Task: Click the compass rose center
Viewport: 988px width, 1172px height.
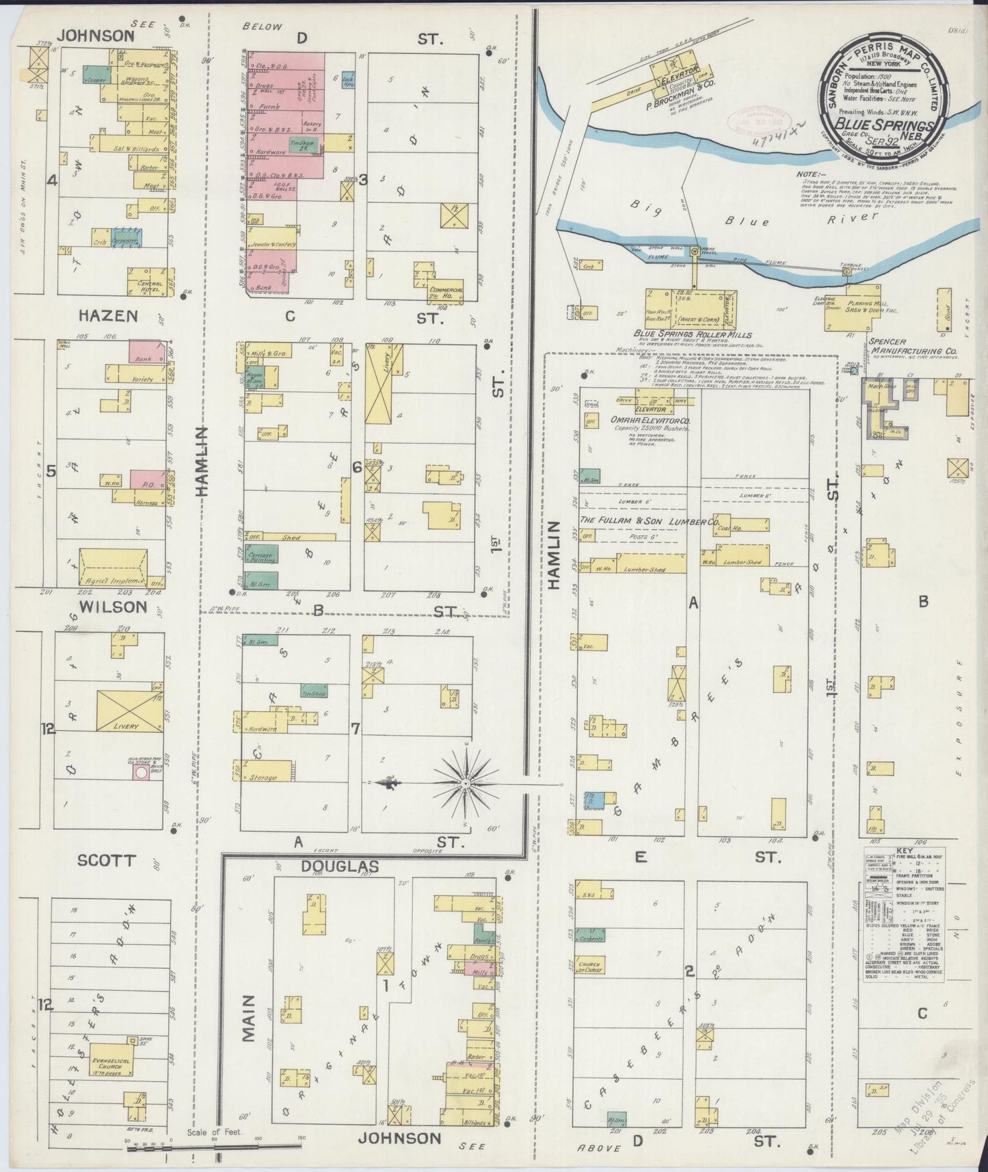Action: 466,782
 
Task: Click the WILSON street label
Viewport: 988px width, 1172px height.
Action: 113,607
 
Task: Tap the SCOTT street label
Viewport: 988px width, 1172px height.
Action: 107,860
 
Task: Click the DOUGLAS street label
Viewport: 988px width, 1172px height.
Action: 340,866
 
